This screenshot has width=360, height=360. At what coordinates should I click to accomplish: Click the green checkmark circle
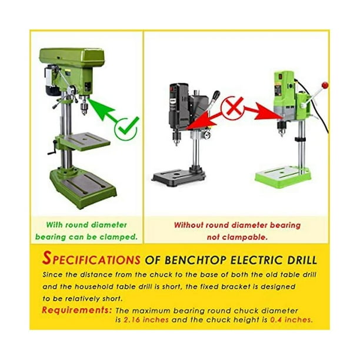pos(126,128)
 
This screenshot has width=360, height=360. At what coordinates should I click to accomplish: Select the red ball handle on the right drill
pos(325,86)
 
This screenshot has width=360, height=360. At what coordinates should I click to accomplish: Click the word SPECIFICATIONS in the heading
pos(92,259)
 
